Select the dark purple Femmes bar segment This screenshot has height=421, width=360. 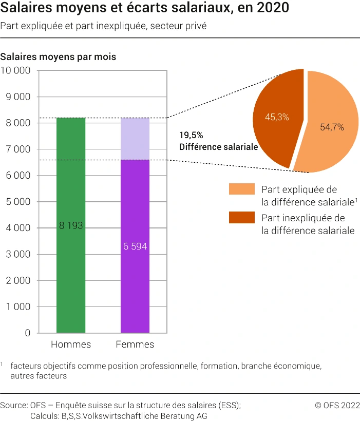pyautogui.click(x=135, y=288)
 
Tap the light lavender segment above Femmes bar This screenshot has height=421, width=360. pyautogui.click(x=135, y=139)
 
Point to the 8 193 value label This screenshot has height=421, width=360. pyautogui.click(x=71, y=226)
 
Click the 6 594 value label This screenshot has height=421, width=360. pyautogui.click(x=135, y=246)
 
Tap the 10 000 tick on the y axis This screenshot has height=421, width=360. pyautogui.click(x=16, y=71)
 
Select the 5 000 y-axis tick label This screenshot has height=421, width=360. pyautogui.click(x=17, y=202)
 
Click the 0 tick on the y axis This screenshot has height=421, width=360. pyautogui.click(x=28, y=333)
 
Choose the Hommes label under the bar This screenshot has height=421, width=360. pyautogui.click(x=71, y=345)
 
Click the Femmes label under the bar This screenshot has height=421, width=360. pyautogui.click(x=135, y=345)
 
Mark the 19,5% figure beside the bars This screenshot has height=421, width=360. pyautogui.click(x=191, y=136)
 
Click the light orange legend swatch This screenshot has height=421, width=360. pyautogui.click(x=241, y=189)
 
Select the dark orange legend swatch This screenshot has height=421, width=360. pyautogui.click(x=241, y=218)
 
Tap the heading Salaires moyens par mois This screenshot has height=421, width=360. pyautogui.click(x=58, y=56)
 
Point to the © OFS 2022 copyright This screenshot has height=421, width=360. pyautogui.click(x=337, y=405)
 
